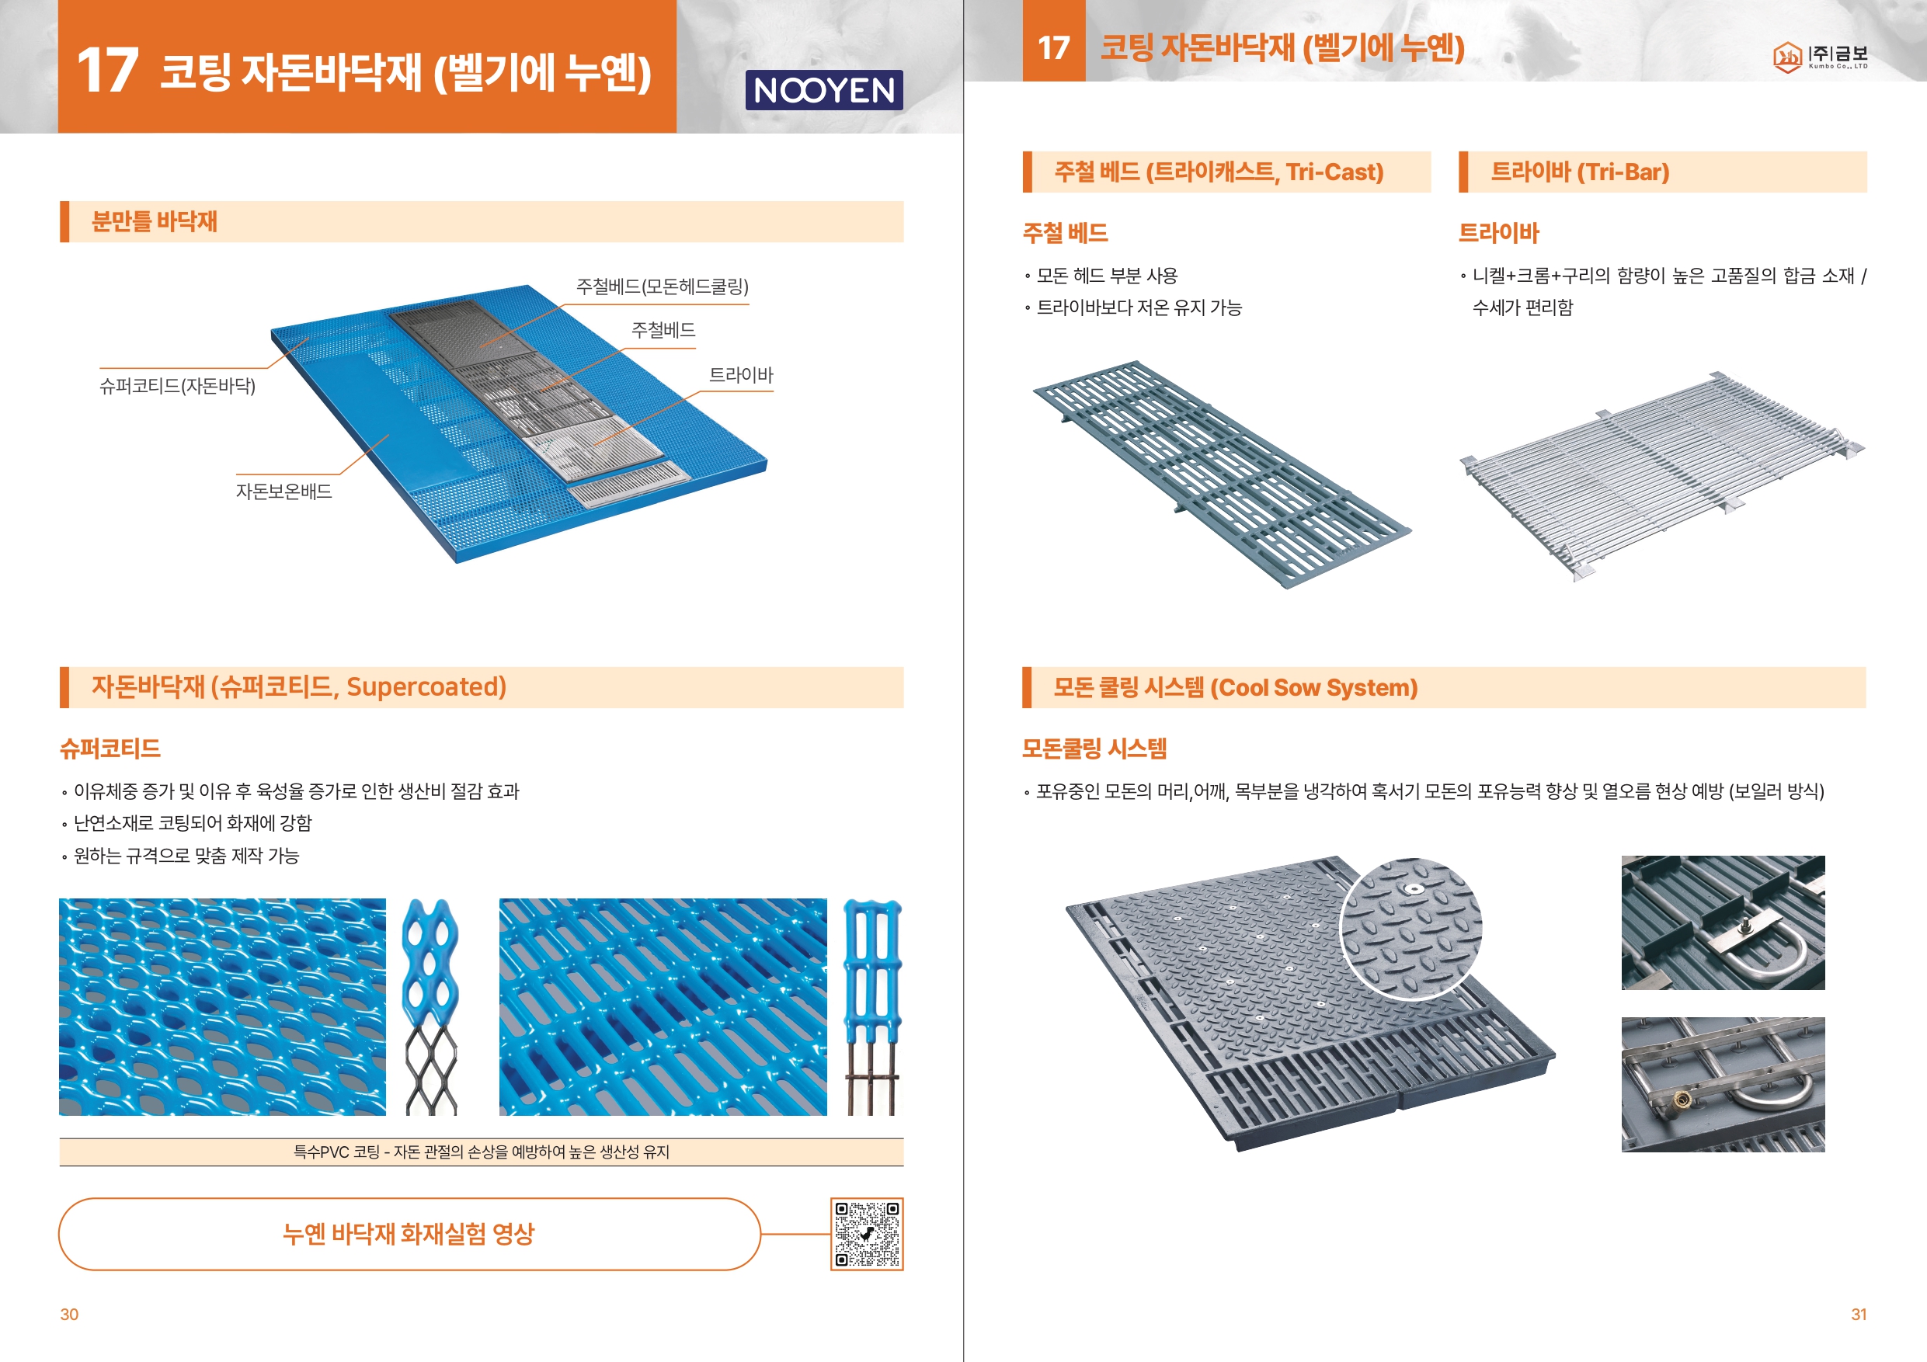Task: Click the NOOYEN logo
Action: (823, 90)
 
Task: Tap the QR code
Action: (866, 1234)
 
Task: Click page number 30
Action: (69, 1314)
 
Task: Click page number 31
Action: (1858, 1314)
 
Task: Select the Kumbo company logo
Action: (1820, 56)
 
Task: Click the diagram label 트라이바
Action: (740, 374)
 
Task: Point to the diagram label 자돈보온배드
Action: (283, 491)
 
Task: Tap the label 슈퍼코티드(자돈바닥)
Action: (177, 386)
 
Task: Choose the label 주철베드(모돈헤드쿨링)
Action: (663, 287)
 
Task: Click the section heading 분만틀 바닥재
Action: (155, 221)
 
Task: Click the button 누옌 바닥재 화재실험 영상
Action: (409, 1234)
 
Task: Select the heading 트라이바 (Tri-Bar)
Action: (1580, 172)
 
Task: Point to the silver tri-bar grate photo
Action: (1662, 475)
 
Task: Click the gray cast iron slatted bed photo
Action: (1222, 474)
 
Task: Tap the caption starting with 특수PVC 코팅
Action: (482, 1152)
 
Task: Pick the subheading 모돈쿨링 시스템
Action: (1094, 749)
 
